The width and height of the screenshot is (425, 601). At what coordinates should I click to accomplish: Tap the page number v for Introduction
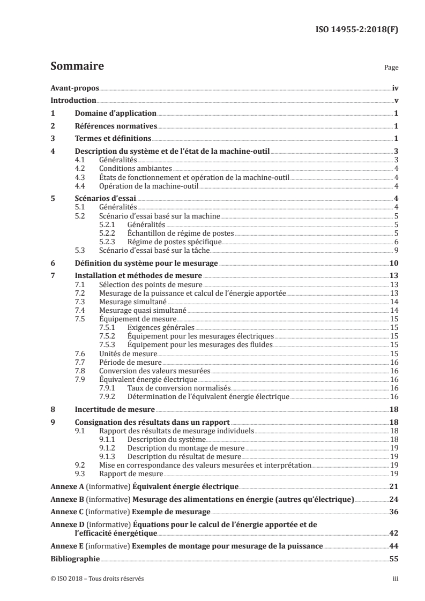(x=395, y=101)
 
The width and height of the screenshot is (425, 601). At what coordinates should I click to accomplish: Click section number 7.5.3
(x=109, y=345)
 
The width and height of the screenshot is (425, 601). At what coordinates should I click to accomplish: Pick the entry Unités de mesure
(x=128, y=354)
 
